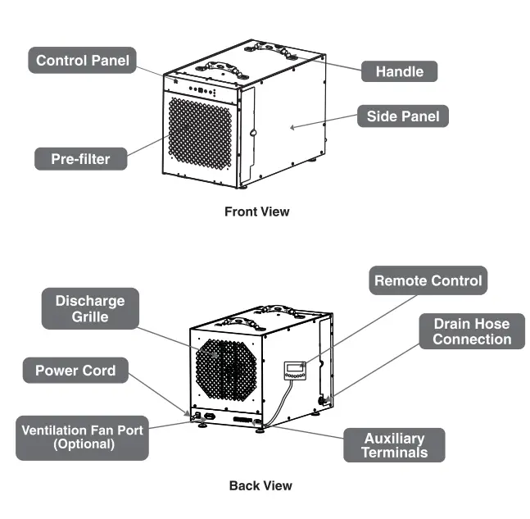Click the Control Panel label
(83, 61)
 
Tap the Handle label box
(399, 71)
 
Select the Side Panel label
(403, 116)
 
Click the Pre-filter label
(80, 159)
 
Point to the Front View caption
(256, 212)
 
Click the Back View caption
(260, 485)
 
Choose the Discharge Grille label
(90, 308)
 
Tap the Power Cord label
(75, 371)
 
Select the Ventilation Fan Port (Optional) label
(81, 437)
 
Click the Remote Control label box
(428, 280)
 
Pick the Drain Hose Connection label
(472, 331)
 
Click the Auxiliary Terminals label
(394, 445)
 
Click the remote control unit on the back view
(294, 371)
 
